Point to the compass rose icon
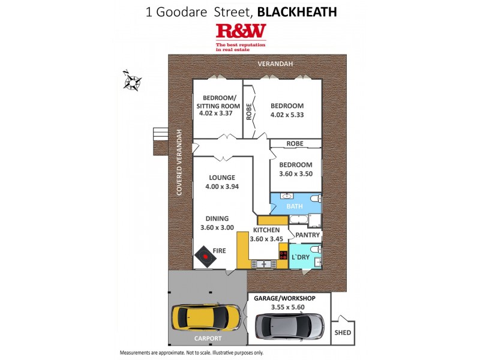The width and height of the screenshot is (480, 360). coord(131,80)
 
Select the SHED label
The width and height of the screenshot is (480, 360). coord(343,333)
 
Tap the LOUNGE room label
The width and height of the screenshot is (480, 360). coord(222,178)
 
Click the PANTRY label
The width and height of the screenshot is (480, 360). coord(305,236)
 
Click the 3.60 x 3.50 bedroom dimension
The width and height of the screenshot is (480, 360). coord(296,174)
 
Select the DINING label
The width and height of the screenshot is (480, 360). coord(218,219)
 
